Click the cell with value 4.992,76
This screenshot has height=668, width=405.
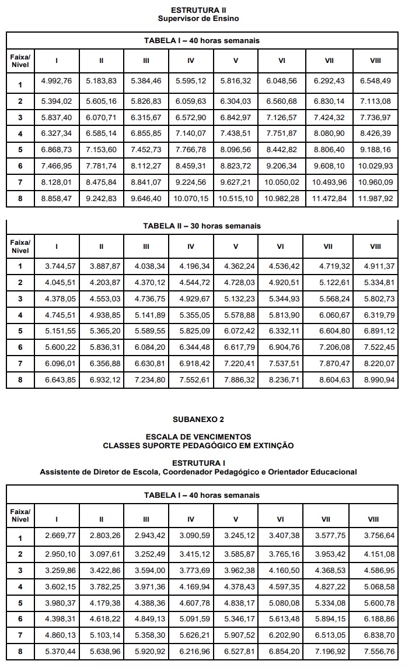click(x=57, y=81)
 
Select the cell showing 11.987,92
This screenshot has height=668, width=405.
click(x=376, y=199)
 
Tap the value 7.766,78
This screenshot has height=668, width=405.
click(x=191, y=150)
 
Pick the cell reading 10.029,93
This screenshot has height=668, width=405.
click(x=376, y=166)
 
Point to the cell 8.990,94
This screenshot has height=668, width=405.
click(x=376, y=379)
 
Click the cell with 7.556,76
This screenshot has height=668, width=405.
click(x=376, y=651)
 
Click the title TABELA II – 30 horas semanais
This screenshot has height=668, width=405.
click(x=202, y=226)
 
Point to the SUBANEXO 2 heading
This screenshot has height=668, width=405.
click(x=198, y=419)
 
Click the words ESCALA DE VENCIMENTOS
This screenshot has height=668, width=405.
click(x=198, y=437)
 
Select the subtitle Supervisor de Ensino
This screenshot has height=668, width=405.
click(x=198, y=18)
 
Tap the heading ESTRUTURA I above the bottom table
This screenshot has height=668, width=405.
click(x=198, y=463)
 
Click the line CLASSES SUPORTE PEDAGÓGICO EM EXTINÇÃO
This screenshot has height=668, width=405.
click(x=198, y=445)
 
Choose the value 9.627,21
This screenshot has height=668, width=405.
click(x=236, y=182)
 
